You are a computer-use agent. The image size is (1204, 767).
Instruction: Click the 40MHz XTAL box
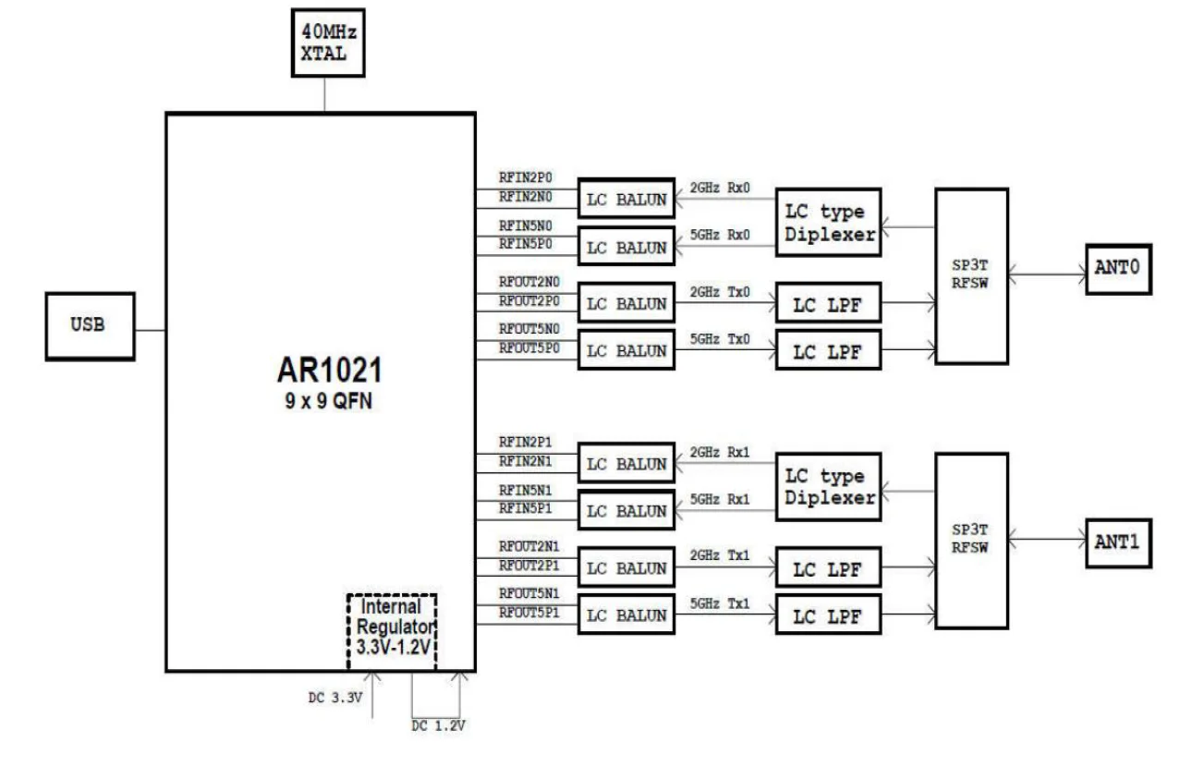pyautogui.click(x=328, y=43)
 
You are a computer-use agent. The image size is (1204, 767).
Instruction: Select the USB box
pyautogui.click(x=91, y=326)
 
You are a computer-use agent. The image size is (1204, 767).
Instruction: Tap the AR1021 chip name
pyautogui.click(x=330, y=370)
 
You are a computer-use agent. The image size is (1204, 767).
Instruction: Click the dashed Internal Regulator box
pyautogui.click(x=392, y=631)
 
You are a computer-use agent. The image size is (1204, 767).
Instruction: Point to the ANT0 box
pyautogui.click(x=1119, y=269)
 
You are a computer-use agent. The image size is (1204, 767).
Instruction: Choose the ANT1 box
pyautogui.click(x=1119, y=543)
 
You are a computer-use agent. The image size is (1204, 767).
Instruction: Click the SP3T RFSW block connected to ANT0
pyautogui.click(x=971, y=276)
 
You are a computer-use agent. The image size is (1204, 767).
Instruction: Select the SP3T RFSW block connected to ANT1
pyautogui.click(x=971, y=541)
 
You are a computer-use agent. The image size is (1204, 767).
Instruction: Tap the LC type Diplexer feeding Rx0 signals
pyautogui.click(x=828, y=222)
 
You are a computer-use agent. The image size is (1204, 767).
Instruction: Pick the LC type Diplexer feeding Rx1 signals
pyautogui.click(x=828, y=487)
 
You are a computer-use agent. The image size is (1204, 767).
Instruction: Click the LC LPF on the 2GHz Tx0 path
pyautogui.click(x=828, y=302)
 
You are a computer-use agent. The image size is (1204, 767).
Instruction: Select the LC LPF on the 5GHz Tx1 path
pyautogui.click(x=828, y=615)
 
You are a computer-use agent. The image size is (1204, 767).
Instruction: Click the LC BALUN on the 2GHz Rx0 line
pyautogui.click(x=626, y=199)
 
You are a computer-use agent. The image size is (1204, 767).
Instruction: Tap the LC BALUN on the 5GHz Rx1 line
pyautogui.click(x=626, y=510)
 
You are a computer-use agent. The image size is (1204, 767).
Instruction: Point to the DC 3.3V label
pyautogui.click(x=334, y=698)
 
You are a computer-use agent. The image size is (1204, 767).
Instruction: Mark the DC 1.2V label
pyautogui.click(x=438, y=725)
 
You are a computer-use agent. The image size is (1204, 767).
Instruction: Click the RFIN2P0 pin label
pyautogui.click(x=525, y=177)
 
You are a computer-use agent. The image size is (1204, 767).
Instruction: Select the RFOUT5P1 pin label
pyautogui.click(x=529, y=613)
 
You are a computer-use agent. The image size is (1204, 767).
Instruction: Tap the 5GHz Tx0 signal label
pyautogui.click(x=720, y=339)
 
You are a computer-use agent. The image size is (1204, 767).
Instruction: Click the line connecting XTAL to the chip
pyautogui.click(x=324, y=94)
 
